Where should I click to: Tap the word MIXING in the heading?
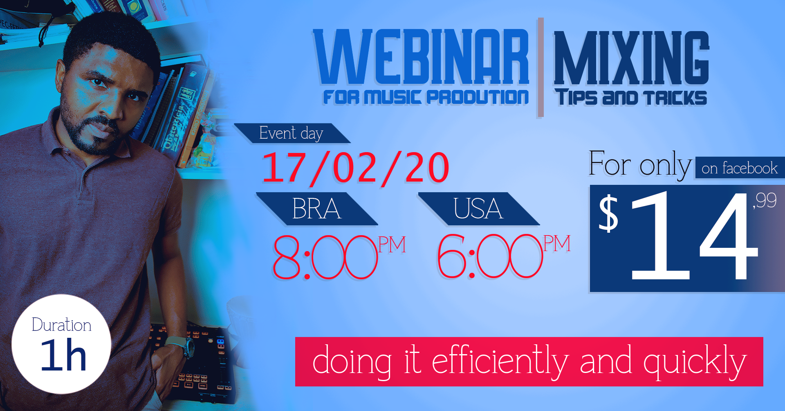point(631,58)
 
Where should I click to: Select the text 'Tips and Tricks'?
point(631,98)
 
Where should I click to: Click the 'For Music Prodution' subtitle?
point(425,97)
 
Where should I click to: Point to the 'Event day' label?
point(291,133)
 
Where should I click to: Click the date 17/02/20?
point(355,168)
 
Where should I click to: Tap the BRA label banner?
point(316,209)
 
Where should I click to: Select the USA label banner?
point(478,209)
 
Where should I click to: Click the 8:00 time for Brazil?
point(325,257)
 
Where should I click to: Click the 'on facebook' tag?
point(739,168)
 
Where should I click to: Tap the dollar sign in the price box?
point(608,213)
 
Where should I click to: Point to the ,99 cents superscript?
point(765,200)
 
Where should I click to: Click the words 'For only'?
point(639,164)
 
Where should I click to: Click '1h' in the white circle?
point(63,355)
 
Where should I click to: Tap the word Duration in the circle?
point(61,325)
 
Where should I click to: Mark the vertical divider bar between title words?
point(541,67)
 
